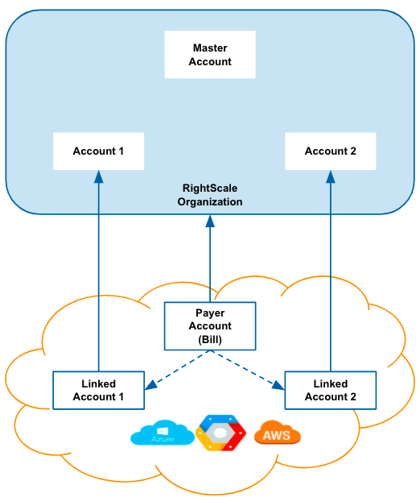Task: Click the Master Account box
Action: [x=210, y=55]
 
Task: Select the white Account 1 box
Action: [x=98, y=151]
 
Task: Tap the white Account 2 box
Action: [x=331, y=151]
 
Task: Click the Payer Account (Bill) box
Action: [x=210, y=326]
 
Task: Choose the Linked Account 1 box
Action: [x=98, y=390]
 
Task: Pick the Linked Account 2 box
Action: [x=331, y=390]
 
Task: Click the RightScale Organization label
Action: [x=210, y=195]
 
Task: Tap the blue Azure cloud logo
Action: [x=163, y=433]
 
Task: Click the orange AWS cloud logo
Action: [x=278, y=433]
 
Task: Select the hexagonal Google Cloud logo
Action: [x=220, y=433]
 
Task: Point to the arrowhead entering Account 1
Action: [x=98, y=177]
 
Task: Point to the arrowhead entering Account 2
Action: [x=331, y=177]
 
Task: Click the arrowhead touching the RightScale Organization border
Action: [x=210, y=222]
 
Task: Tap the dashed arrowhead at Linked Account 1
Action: [x=151, y=385]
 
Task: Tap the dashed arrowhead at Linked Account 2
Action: [x=278, y=385]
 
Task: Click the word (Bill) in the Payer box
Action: [x=210, y=339]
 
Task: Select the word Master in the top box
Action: [x=210, y=48]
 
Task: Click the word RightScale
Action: [x=210, y=188]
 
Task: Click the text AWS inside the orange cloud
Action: [x=277, y=435]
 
